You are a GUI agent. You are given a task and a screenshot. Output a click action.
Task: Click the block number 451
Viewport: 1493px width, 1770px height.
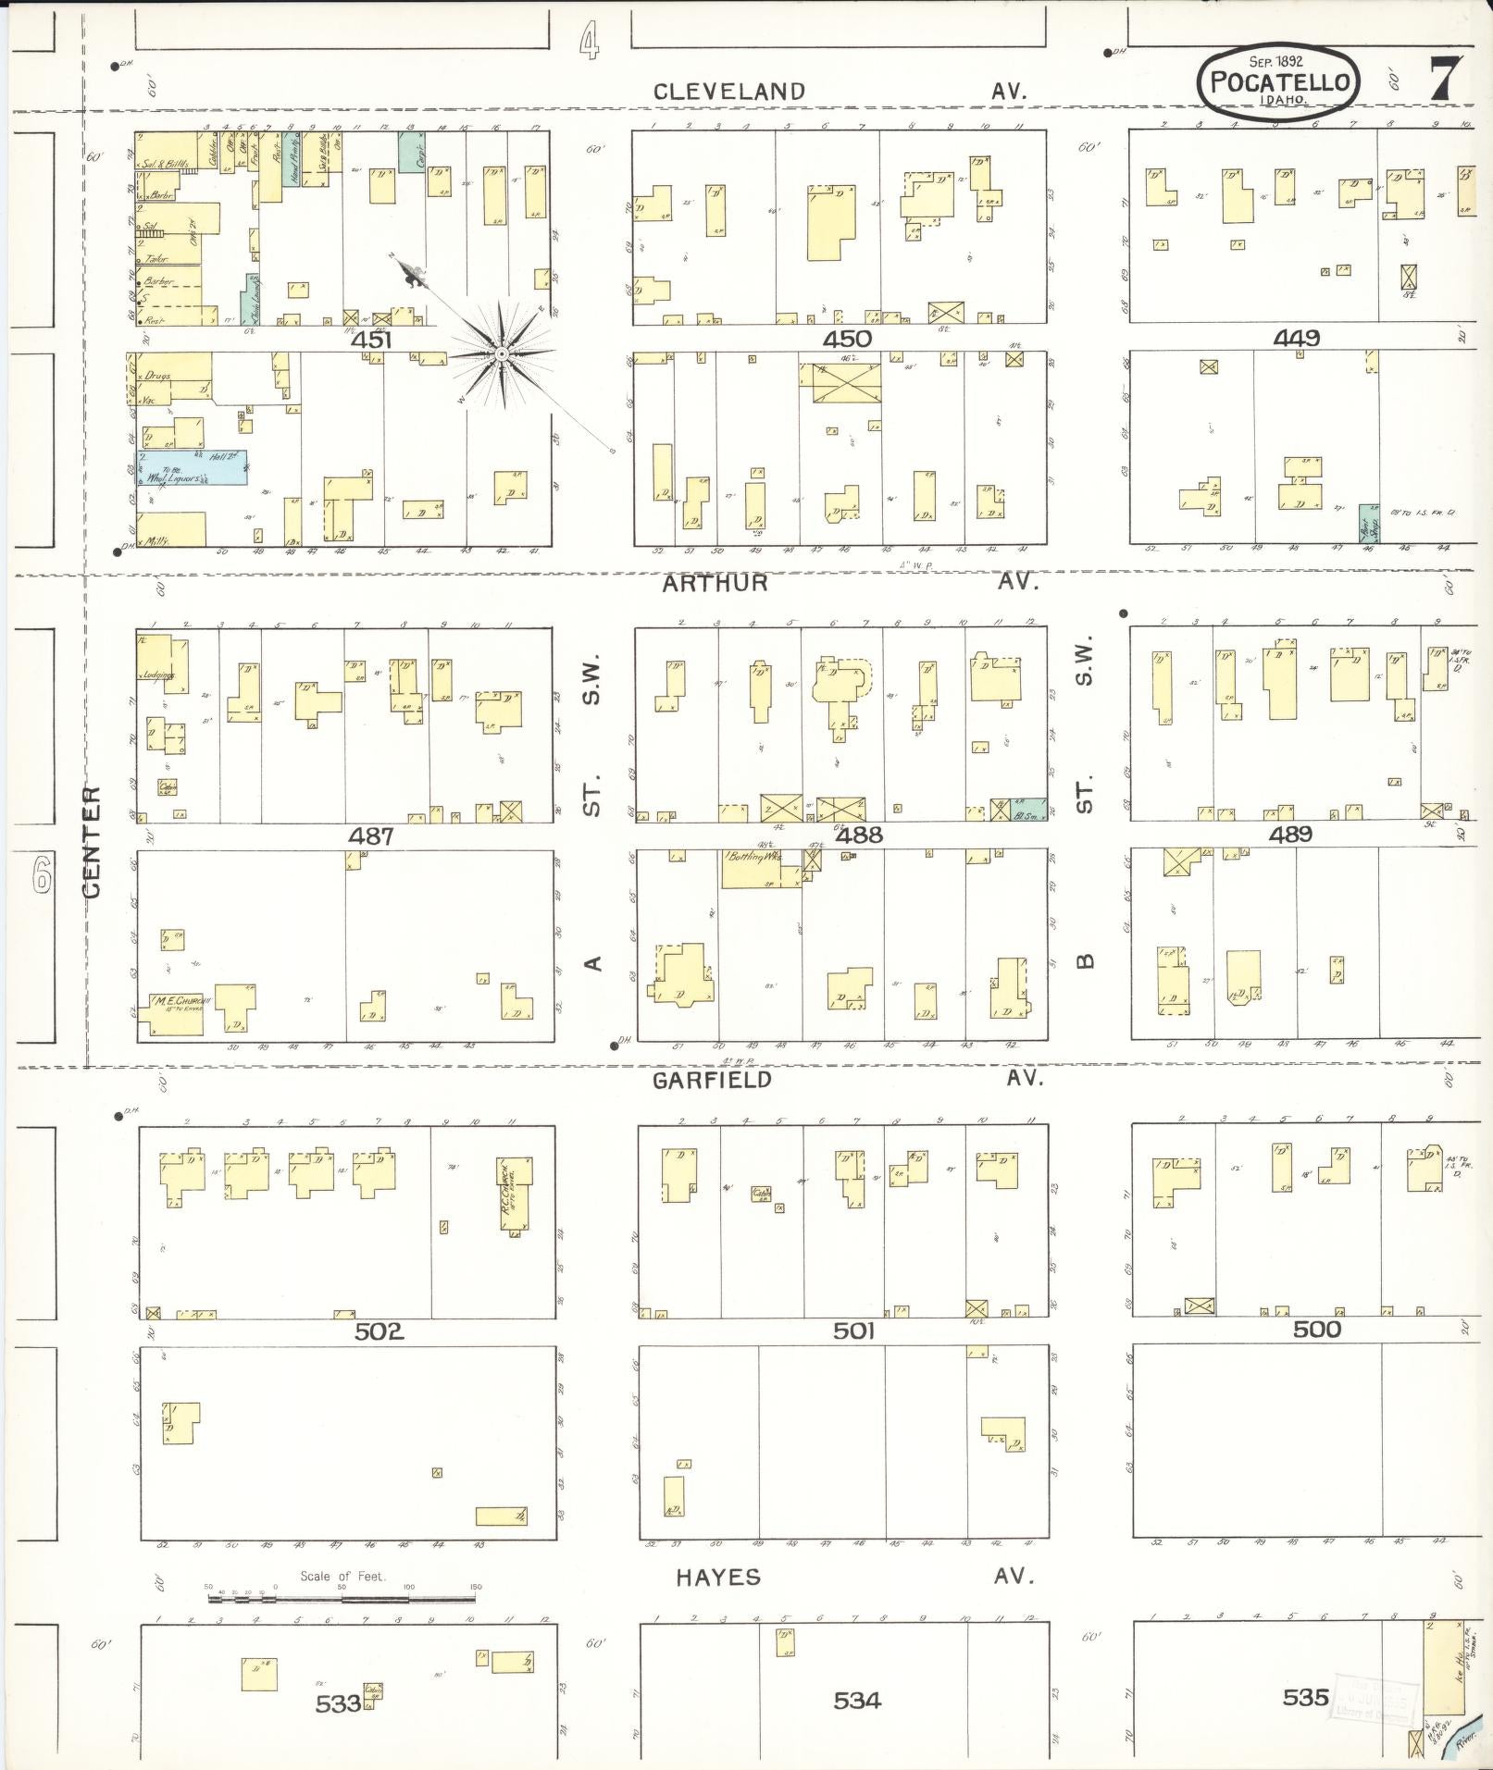pos(371,340)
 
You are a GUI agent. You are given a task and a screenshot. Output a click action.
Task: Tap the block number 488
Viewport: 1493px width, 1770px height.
pos(858,835)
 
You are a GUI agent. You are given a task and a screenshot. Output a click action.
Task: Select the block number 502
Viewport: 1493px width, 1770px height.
pos(379,1331)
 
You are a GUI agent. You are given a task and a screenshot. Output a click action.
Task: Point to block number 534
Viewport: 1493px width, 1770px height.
pos(856,1701)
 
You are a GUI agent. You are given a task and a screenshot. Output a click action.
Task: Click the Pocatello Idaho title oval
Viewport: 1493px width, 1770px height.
pos(1279,82)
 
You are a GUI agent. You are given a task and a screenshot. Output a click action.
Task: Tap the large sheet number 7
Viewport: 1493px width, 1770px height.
pos(1446,80)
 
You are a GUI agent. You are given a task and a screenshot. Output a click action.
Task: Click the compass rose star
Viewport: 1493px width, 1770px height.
pos(501,353)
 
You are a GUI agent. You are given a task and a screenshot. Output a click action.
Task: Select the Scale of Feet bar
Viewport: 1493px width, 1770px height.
pos(342,1598)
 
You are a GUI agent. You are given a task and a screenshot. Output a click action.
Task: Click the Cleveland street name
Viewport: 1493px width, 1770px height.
pos(729,91)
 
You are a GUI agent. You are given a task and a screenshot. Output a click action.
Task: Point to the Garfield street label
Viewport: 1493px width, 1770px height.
pos(712,1080)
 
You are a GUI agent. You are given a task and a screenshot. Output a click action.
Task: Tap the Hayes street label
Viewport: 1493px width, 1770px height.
pos(717,1578)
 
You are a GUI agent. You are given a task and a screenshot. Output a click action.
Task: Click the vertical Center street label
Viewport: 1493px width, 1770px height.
pos(92,842)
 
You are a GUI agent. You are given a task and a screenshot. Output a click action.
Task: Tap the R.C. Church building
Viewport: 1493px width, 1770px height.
pos(516,1193)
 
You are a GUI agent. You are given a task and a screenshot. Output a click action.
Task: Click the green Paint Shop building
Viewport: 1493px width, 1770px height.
pos(1368,524)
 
